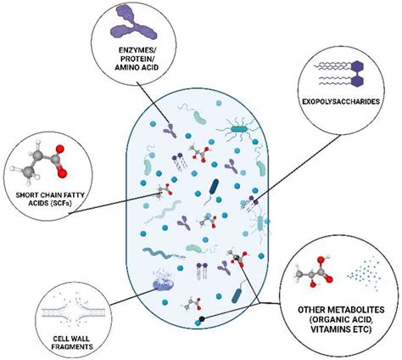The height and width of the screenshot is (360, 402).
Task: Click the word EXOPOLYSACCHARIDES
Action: tap(341, 102)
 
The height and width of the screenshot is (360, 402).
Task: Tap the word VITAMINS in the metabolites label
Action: tap(328, 329)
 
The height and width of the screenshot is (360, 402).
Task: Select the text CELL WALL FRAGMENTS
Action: tap(72, 342)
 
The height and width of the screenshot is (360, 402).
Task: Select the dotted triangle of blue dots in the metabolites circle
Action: tap(365, 273)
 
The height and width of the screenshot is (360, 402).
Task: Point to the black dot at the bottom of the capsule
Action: tap(202, 319)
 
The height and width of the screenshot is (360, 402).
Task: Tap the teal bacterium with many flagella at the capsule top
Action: tap(238, 130)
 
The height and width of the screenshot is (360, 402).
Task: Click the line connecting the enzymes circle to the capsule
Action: tap(154, 104)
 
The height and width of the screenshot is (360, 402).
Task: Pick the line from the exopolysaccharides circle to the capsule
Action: tap(298, 168)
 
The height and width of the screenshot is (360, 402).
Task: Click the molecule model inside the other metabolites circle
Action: tap(314, 272)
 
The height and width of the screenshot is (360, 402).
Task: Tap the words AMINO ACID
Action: tap(137, 68)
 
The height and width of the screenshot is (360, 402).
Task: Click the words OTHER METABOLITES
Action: tap(341, 310)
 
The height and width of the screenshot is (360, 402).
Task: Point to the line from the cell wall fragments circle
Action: tap(132, 297)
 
